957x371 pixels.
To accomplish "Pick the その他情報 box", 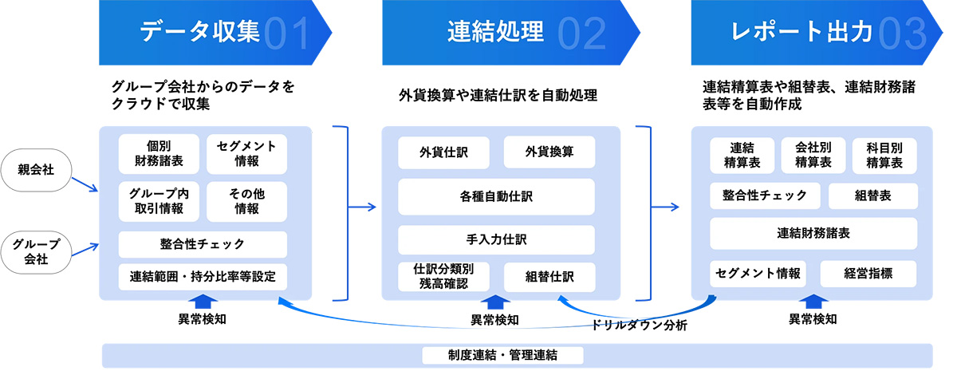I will pyautogui.click(x=246, y=201).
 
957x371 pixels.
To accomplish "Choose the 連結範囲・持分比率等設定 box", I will pyautogui.click(x=203, y=277).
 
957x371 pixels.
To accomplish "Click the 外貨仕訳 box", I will pyautogui.click(x=444, y=152).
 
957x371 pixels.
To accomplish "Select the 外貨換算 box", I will pyautogui.click(x=549, y=152).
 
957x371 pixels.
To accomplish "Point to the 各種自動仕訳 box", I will pyautogui.click(x=496, y=196).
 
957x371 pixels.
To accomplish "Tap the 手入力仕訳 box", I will pyautogui.click(x=496, y=239).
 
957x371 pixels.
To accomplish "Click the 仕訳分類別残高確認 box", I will pyautogui.click(x=444, y=276).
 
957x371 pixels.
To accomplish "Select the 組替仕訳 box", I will pyautogui.click(x=549, y=277).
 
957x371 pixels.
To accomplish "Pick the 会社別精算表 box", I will pyautogui.click(x=813, y=154).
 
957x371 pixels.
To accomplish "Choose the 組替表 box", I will pyautogui.click(x=872, y=195).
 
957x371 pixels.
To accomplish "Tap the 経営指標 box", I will pyautogui.click(x=868, y=274).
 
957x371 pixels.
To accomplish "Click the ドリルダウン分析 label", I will pyautogui.click(x=639, y=326).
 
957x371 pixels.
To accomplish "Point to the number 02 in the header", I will pyautogui.click(x=582, y=33).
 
